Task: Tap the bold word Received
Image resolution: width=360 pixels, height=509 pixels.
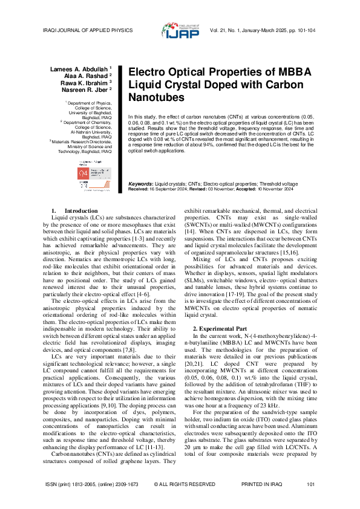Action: pos(140,189)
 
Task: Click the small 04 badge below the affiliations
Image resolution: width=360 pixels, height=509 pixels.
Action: pos(83,173)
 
